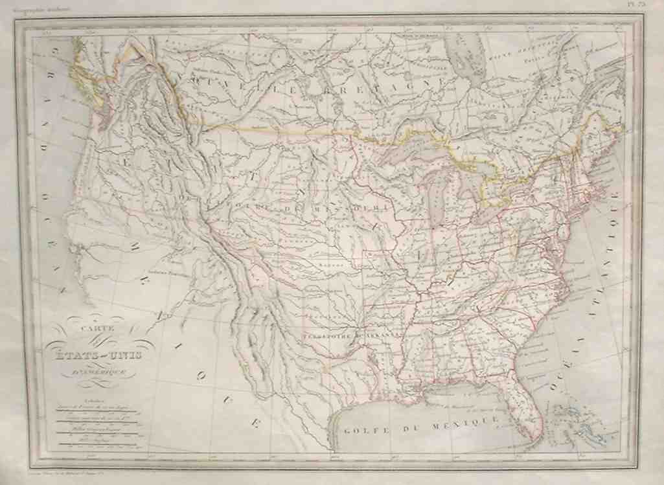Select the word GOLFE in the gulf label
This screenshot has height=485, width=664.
(x=363, y=428)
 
